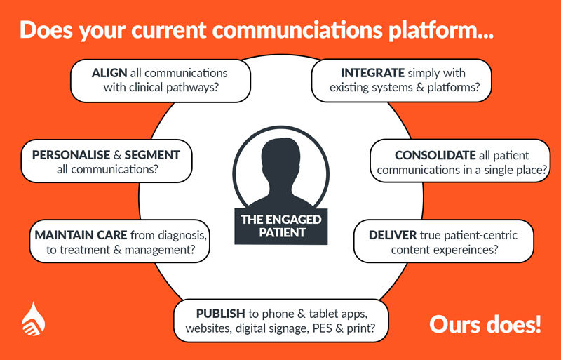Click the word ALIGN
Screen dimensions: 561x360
(109, 73)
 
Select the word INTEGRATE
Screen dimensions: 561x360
(372, 73)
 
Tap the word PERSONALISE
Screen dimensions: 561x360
(72, 155)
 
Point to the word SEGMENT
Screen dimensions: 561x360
(152, 155)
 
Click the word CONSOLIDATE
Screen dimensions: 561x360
(435, 155)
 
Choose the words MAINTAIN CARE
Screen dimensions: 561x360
(81, 235)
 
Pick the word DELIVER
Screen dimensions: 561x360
(393, 235)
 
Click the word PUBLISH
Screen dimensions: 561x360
(220, 314)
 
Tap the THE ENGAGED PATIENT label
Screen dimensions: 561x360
(281, 226)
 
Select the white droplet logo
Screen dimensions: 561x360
(33, 319)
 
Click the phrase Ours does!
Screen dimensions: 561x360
(485, 324)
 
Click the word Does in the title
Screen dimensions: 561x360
(46, 30)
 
